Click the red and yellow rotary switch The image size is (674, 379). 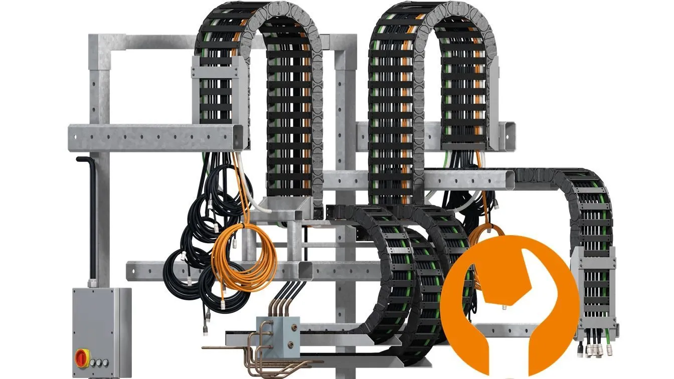tap(82, 357)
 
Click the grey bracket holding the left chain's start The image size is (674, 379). tap(219, 93)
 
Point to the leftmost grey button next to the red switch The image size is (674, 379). tap(92, 362)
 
